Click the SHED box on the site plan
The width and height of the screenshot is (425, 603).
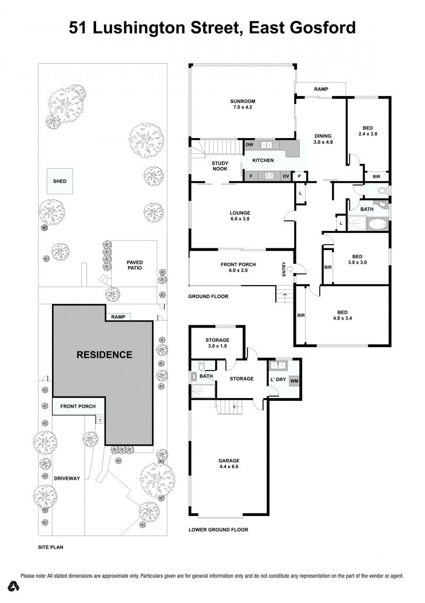pyautogui.click(x=59, y=181)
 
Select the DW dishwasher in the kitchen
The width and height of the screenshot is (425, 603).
pyautogui.click(x=250, y=144)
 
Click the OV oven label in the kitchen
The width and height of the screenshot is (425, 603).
pyautogui.click(x=286, y=176)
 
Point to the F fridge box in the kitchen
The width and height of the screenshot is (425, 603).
pyautogui.click(x=251, y=176)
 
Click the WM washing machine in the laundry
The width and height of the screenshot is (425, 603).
pyautogui.click(x=294, y=381)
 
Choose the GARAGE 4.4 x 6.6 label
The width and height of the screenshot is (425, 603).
pyautogui.click(x=229, y=463)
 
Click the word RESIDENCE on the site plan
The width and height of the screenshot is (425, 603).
pyautogui.click(x=104, y=355)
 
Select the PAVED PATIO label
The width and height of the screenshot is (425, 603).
pyautogui.click(x=134, y=265)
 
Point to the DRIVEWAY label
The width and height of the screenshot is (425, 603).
pyautogui.click(x=67, y=478)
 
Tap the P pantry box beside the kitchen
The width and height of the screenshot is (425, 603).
pyautogui.click(x=299, y=177)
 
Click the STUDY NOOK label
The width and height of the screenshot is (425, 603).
pyautogui.click(x=220, y=166)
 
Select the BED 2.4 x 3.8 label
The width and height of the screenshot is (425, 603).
pyautogui.click(x=368, y=131)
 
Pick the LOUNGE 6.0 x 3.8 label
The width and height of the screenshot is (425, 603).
pyautogui.click(x=240, y=216)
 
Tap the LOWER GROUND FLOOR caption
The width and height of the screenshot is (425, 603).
pyautogui.click(x=218, y=530)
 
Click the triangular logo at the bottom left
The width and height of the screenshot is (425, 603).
pyautogui.click(x=15, y=586)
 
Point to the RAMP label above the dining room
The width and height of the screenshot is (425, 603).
pyautogui.click(x=321, y=89)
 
